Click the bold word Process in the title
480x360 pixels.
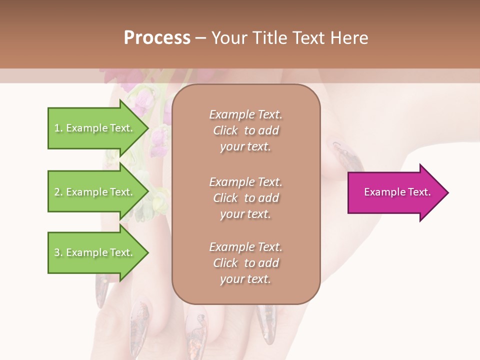[x=157, y=38]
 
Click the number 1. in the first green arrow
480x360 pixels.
[x=58, y=128]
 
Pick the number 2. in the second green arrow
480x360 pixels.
[x=58, y=192]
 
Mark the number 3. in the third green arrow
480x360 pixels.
[x=58, y=252]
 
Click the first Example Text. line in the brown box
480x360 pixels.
[x=245, y=114]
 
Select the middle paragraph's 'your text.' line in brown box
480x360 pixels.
[x=245, y=214]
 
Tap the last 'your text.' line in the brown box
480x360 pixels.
[x=245, y=279]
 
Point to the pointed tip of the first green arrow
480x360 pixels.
[x=148, y=128]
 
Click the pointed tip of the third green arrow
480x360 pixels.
[x=148, y=252]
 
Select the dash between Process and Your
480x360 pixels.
[x=200, y=38]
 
